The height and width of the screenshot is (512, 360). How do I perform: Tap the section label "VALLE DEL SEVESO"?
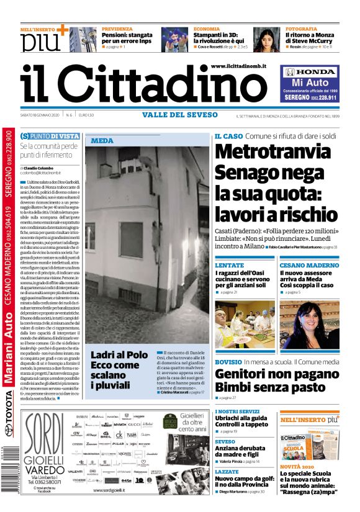click(180, 115)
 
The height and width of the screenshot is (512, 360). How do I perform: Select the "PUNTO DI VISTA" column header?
click(50, 136)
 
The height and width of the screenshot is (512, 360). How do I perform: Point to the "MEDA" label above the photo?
click(102, 141)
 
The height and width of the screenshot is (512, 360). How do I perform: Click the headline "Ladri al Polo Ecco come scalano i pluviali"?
click(115, 369)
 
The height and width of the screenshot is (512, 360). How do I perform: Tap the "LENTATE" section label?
click(229, 265)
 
